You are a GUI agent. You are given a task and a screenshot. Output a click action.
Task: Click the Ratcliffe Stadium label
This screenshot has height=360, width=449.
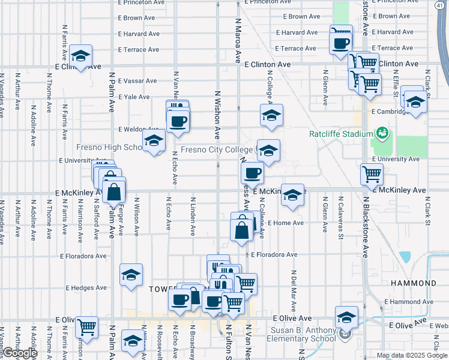click(342, 133)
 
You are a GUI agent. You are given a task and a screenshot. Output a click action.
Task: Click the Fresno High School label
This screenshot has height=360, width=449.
click(109, 148)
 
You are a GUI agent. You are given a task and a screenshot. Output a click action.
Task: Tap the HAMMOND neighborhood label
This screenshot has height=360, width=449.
click(413, 283)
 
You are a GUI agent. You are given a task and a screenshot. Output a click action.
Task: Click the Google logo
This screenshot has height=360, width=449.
click(20, 353)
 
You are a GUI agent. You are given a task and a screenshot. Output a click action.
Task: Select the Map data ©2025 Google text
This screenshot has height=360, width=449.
click(412, 355)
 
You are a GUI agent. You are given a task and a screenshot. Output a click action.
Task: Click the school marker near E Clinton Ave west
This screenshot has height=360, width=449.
click(80, 56)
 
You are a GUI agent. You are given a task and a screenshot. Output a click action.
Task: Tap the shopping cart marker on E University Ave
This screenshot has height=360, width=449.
click(372, 174)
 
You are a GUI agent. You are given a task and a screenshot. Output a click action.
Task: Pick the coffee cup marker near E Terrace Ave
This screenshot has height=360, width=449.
click(341, 43)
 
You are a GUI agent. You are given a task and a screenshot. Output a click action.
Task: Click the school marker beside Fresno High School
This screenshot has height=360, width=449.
click(154, 142)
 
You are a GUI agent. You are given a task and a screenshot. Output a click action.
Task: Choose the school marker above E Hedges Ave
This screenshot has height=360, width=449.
click(131, 275)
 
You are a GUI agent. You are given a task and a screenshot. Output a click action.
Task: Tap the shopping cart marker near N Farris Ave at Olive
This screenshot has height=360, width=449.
click(87, 327)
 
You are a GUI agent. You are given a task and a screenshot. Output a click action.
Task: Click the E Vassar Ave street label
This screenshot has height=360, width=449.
click(137, 81)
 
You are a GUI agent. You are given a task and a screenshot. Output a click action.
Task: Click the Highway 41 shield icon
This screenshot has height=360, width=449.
click(441, 5)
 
